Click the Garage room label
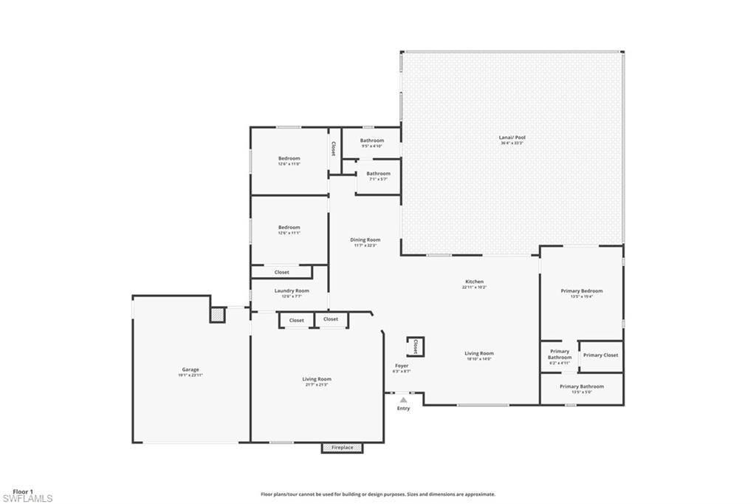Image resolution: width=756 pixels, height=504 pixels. coord(190,370)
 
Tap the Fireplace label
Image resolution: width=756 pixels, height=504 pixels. coord(342,448)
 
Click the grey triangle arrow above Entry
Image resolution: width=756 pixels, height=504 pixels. coord(403,400)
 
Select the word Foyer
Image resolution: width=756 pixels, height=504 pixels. coord(402,366)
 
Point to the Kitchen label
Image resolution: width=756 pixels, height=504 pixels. coord(474,282)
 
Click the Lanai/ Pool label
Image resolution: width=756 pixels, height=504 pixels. coord(512,137)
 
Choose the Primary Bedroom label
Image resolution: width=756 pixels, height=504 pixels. coord(582,291)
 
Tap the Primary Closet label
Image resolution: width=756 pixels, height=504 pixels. coord(600,355)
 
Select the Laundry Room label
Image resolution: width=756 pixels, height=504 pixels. coord(292,291)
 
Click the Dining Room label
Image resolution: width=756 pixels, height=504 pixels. coord(365,239)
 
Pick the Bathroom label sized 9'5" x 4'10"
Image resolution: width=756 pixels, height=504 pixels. coord(372,140)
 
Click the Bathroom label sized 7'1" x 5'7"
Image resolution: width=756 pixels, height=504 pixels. coord(378,174)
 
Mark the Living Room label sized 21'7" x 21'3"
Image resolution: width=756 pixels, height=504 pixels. coord(317,379)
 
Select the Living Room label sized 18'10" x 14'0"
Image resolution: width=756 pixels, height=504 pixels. coord(479,353)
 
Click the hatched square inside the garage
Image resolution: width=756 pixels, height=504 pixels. coord(217,315)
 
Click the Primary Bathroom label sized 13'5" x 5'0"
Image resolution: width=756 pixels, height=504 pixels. coord(582,386)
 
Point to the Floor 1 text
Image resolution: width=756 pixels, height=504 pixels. coord(23,491)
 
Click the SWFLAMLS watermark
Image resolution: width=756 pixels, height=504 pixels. coord(27,499)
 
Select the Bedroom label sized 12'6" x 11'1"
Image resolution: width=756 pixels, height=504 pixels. coord(289,228)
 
